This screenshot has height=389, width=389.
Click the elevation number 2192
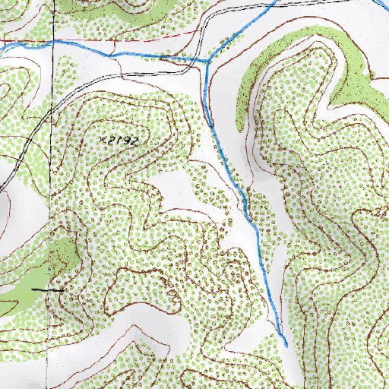124,141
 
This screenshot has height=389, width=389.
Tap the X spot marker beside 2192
103,141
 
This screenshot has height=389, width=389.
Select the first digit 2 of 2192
111,141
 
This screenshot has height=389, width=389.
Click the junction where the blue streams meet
207,59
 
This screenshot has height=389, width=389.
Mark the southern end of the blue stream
286,346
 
